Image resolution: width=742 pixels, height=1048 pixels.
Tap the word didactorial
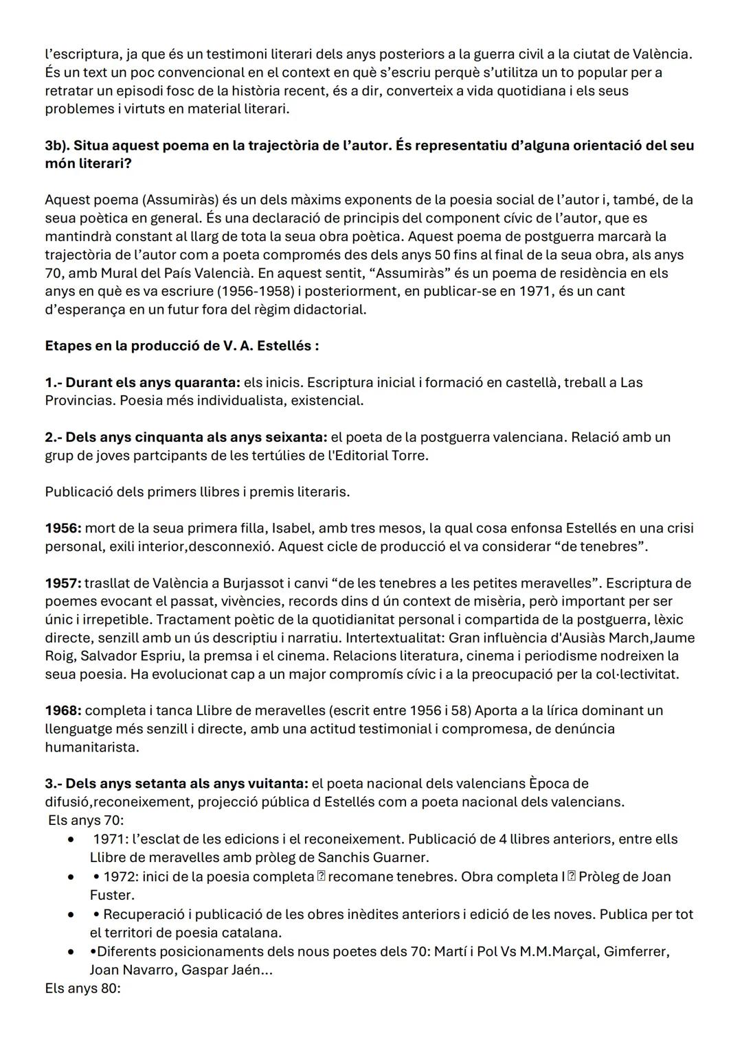click(329, 309)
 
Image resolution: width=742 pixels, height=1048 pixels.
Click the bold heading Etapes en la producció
click(181, 345)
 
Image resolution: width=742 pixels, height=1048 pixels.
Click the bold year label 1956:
click(63, 528)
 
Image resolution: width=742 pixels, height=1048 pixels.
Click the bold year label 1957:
click(63, 583)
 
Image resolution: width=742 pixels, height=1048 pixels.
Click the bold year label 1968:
click(63, 710)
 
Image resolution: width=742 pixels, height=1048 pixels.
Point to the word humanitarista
click(91, 747)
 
